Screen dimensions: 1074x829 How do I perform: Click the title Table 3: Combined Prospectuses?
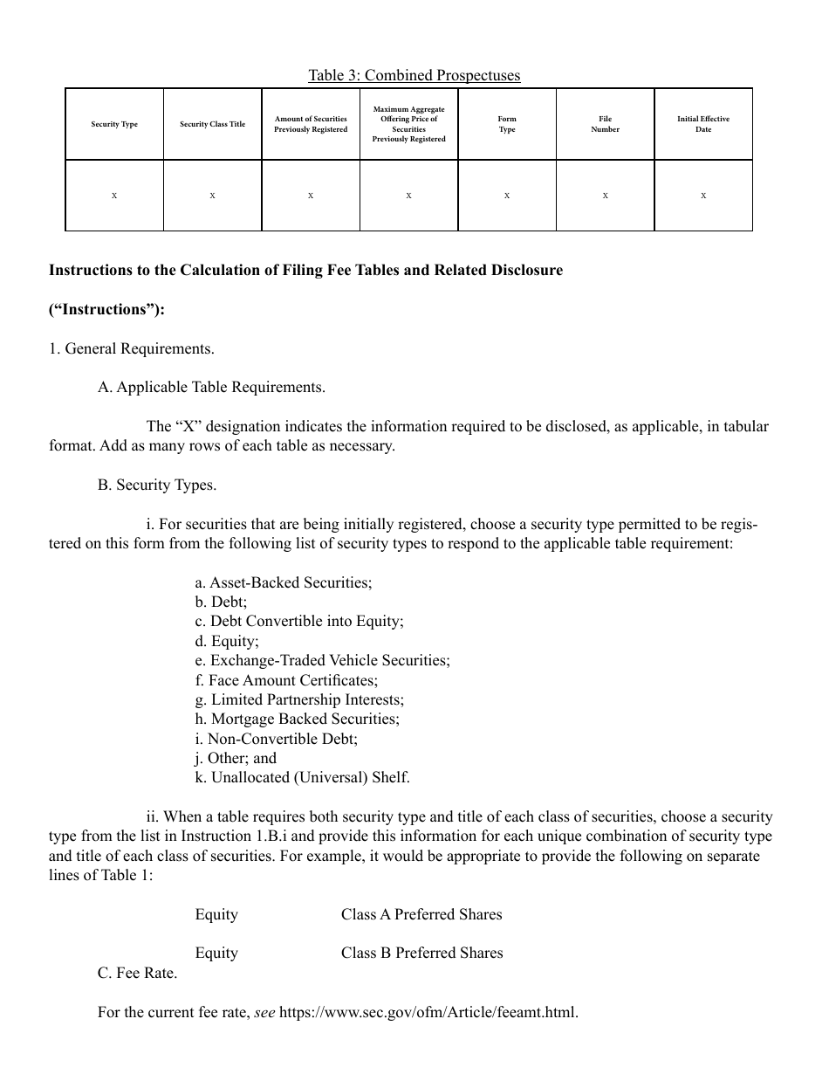pos(414,75)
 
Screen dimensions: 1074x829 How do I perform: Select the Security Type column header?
pos(114,124)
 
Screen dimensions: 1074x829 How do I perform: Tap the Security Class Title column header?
pos(213,124)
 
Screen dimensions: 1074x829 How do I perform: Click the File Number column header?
pos(605,124)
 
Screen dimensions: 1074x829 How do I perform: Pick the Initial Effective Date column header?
pos(703,124)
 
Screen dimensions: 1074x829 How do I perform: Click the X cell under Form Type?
pos(507,196)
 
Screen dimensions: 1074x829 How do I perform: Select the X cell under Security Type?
pos(114,196)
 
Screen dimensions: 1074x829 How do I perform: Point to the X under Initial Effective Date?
pos(703,196)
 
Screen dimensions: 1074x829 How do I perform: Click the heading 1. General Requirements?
pos(131,348)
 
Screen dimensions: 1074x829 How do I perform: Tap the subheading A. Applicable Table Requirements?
pos(211,387)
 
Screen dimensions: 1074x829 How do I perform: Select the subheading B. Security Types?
pos(157,485)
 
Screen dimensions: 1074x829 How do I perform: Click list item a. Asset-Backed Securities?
pos(284,582)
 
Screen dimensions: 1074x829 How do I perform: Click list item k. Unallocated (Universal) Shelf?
pos(302,777)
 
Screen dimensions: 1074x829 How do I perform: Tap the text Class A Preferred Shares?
pos(421,914)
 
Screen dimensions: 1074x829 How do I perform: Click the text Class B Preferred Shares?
pos(421,953)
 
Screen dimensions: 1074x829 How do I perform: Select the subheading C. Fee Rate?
pos(137,973)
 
